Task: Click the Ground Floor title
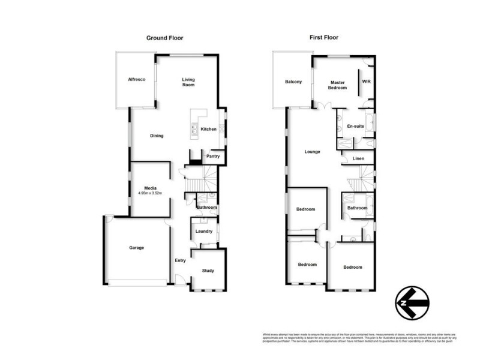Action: [x=165, y=38]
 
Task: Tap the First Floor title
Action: [x=324, y=38]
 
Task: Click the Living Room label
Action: [x=189, y=82]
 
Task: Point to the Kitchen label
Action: [x=209, y=129]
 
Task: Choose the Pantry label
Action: [x=213, y=156]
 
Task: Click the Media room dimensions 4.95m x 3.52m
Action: [x=150, y=193]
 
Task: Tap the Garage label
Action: [x=137, y=247]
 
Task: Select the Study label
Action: [x=208, y=271]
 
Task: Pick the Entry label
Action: [x=180, y=260]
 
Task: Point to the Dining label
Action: [x=157, y=136]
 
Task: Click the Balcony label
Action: [x=293, y=82]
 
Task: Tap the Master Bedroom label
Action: [x=337, y=85]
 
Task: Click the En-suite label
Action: [x=355, y=127]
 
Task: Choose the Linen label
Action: [x=358, y=158]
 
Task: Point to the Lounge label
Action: [x=312, y=152]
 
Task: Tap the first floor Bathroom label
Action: [x=358, y=208]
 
